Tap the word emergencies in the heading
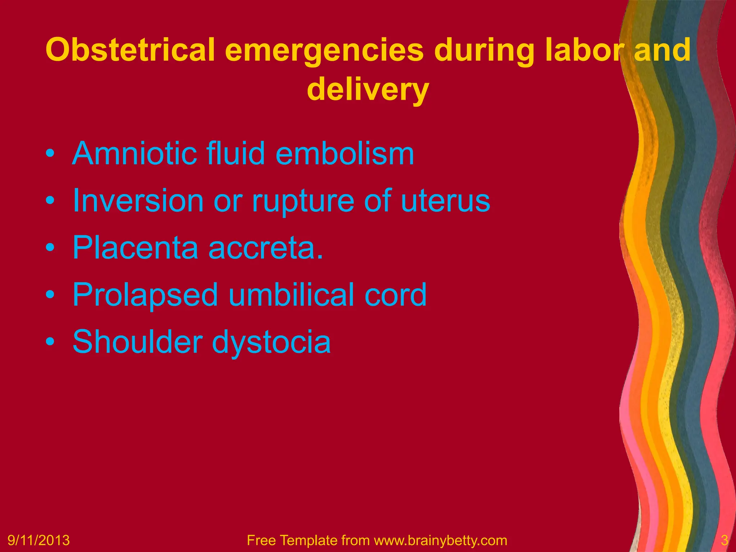click(x=324, y=50)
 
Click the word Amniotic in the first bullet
click(x=134, y=153)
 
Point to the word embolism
click(x=345, y=153)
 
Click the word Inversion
click(x=138, y=201)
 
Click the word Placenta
click(x=135, y=248)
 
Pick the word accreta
click(x=266, y=248)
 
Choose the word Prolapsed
click(x=145, y=295)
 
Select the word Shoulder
click(x=137, y=341)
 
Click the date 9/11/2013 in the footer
click(x=39, y=540)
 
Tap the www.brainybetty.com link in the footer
click(x=441, y=540)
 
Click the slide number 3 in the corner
click(x=724, y=540)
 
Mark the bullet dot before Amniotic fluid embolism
click(x=50, y=154)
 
